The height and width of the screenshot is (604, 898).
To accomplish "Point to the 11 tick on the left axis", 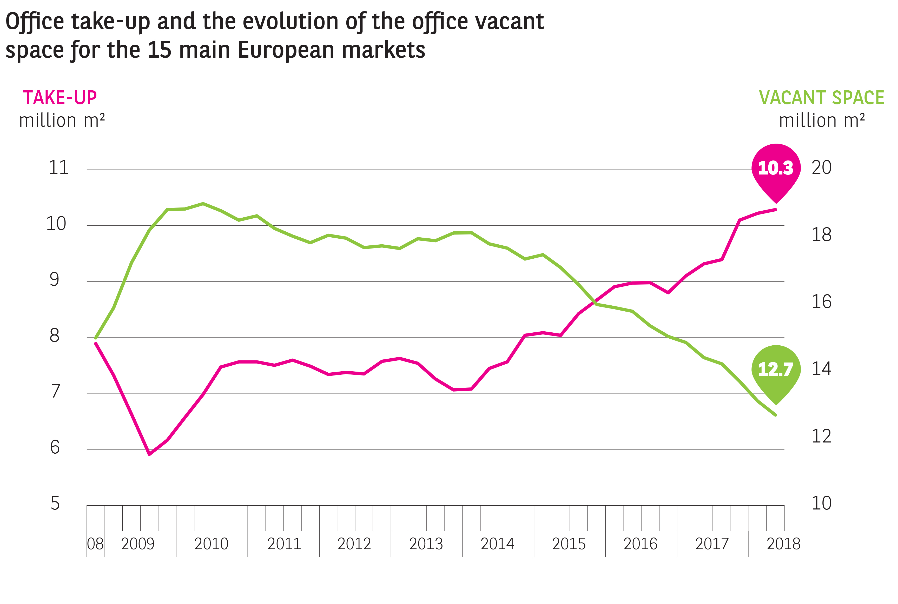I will pyautogui.click(x=58, y=167).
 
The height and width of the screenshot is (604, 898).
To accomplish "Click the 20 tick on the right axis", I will pyautogui.click(x=821, y=167).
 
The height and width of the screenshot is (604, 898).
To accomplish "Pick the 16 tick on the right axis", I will pyautogui.click(x=821, y=302).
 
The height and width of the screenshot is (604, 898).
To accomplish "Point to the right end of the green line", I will pyautogui.click(x=775, y=415).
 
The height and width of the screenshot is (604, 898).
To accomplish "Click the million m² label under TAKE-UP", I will pyautogui.click(x=62, y=120).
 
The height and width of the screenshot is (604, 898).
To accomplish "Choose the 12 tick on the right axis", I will pyautogui.click(x=821, y=436).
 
